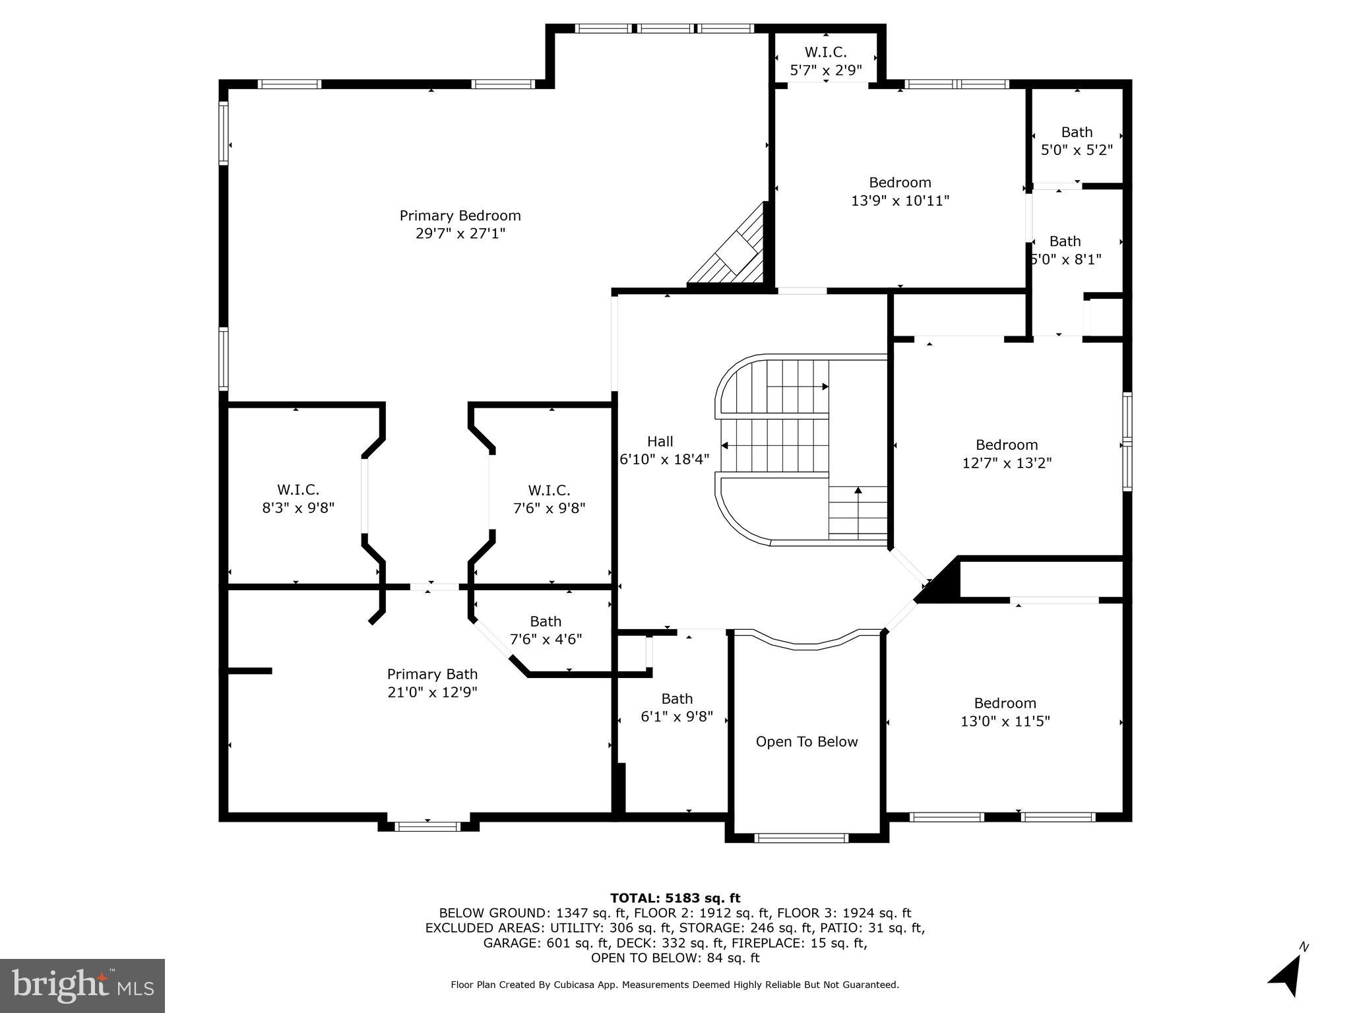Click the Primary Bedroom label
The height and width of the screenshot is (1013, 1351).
pyautogui.click(x=460, y=216)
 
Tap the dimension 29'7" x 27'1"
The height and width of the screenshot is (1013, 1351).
pyautogui.click(x=460, y=233)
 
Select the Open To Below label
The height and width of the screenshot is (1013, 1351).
pyautogui.click(x=806, y=742)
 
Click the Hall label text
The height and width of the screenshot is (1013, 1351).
pyautogui.click(x=660, y=441)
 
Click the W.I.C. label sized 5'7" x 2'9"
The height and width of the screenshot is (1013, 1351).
pyautogui.click(x=825, y=52)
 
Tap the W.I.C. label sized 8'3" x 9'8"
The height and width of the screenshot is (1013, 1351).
pyautogui.click(x=298, y=490)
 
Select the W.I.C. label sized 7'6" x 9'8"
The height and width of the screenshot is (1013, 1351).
pyautogui.click(x=549, y=491)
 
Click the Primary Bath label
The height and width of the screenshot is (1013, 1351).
pyautogui.click(x=432, y=674)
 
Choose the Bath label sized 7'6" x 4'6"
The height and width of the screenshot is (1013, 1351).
pyautogui.click(x=546, y=621)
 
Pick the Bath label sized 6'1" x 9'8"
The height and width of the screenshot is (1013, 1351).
pyautogui.click(x=677, y=698)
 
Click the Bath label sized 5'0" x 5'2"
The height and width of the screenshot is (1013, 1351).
pyautogui.click(x=1077, y=132)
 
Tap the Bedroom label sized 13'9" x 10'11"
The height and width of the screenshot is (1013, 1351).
pyautogui.click(x=900, y=183)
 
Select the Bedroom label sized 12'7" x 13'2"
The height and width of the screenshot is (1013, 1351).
pyautogui.click(x=1007, y=445)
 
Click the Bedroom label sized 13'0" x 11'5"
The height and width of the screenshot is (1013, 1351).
pyautogui.click(x=1005, y=703)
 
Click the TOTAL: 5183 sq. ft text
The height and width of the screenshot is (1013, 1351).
pyautogui.click(x=675, y=898)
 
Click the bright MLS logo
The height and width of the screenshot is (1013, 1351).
pyautogui.click(x=82, y=986)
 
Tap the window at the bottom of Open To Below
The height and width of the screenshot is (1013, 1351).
pyautogui.click(x=801, y=838)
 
